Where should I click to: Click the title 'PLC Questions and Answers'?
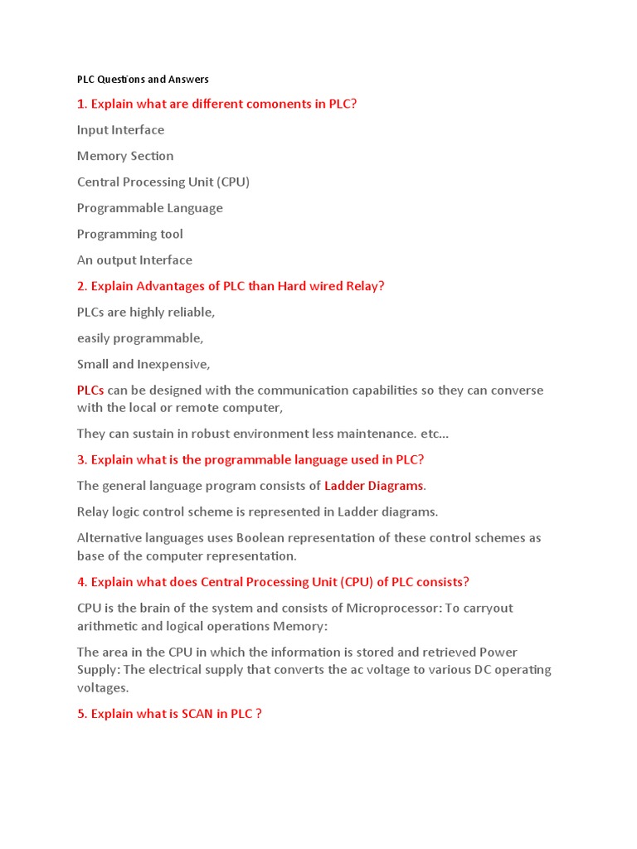coord(143,80)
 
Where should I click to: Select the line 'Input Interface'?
coord(120,130)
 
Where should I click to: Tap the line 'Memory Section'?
coord(125,156)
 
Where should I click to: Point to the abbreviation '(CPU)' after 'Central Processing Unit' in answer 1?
coord(233,182)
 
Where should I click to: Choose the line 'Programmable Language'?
coord(150,208)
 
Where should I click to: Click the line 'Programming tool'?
coord(130,234)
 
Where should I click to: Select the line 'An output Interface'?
coord(134,260)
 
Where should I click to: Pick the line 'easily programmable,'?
coord(140,338)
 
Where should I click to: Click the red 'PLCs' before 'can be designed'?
coord(90,391)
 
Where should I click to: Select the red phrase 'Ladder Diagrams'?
coord(373,486)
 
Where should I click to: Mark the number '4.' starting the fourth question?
coord(82,582)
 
